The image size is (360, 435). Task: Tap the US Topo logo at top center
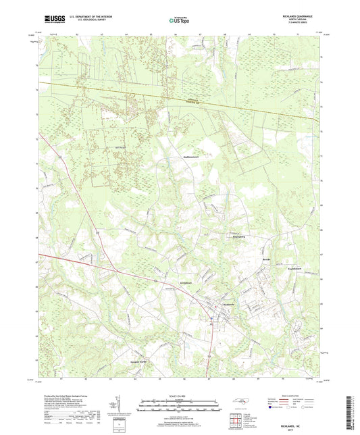click(178, 21)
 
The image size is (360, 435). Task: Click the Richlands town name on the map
click(231, 305)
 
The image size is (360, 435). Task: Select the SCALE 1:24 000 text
click(180, 395)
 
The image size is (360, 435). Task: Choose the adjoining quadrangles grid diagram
click(235, 422)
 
